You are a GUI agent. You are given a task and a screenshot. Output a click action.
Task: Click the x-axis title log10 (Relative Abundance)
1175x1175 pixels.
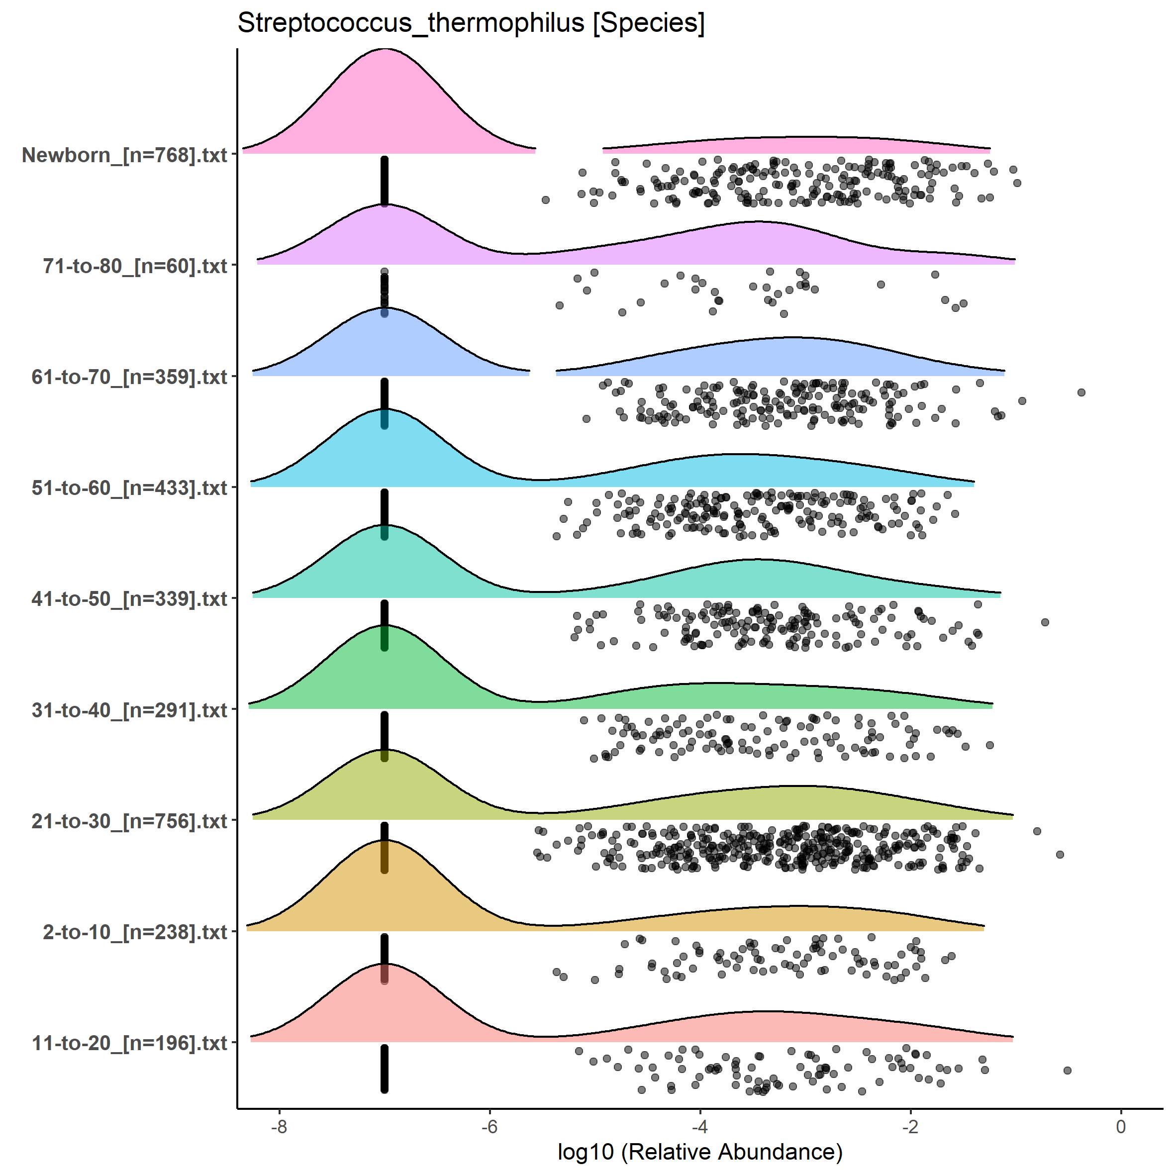700,1151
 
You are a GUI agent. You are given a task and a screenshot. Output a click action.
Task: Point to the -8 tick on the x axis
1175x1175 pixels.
279,1126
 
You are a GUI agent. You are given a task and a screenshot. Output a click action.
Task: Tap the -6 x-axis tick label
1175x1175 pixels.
490,1126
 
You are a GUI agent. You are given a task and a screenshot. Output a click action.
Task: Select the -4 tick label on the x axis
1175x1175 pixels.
700,1126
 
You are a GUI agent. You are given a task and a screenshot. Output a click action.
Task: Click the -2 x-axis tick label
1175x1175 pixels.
910,1126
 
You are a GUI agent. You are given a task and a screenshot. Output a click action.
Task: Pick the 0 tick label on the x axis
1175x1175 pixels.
1121,1126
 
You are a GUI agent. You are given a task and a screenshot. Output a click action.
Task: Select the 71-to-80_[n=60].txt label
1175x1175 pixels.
135,266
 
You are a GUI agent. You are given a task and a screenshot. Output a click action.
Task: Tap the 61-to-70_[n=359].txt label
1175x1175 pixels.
129,377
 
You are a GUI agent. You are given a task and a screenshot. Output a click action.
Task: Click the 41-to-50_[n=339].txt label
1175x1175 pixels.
129,599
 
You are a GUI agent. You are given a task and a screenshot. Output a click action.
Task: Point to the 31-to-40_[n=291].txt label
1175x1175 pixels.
129,710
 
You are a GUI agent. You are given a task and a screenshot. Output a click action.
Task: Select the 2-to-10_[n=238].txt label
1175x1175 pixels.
135,932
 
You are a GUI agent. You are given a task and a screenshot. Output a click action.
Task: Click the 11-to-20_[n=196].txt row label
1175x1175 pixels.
129,1043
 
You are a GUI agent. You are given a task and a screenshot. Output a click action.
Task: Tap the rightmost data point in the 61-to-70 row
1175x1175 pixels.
1081,392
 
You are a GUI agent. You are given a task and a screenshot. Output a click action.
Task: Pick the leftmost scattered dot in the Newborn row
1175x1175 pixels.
546,199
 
